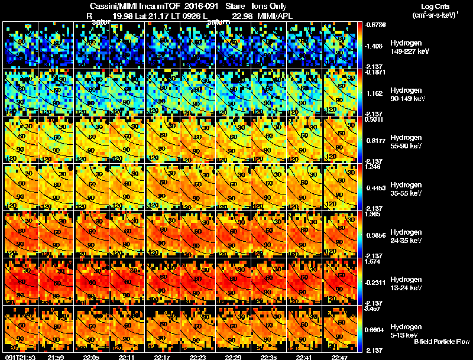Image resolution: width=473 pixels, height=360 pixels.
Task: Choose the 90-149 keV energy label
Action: coord(407,99)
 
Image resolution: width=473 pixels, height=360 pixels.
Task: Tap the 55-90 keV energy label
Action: coord(406,146)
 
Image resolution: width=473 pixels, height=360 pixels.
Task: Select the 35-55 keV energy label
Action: coord(406,193)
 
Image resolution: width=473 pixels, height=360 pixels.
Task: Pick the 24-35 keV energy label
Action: coord(406,241)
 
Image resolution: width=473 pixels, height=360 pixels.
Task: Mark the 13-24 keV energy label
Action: coord(406,288)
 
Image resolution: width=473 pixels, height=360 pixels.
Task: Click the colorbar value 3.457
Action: coord(374,309)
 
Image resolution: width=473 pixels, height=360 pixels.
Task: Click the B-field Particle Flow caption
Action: coord(441,342)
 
